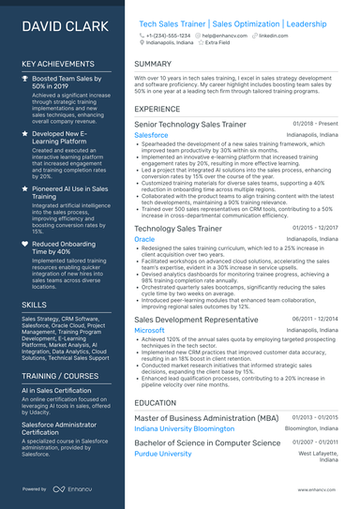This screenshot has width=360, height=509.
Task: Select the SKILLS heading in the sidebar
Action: coord(34,305)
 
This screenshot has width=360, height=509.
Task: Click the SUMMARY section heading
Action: coord(152,65)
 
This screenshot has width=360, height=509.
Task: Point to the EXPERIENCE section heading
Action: coord(157,109)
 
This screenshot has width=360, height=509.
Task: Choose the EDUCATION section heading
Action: coord(155,402)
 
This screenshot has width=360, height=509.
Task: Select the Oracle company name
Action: coord(144,240)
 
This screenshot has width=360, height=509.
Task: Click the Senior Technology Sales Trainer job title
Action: coord(190,125)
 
